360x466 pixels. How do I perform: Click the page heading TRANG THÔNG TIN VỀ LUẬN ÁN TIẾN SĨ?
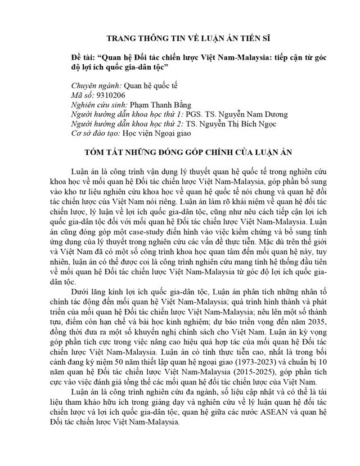(180, 38)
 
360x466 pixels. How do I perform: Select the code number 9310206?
(111, 95)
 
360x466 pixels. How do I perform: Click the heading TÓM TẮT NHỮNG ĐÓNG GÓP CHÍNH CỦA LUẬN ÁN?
(180, 153)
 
